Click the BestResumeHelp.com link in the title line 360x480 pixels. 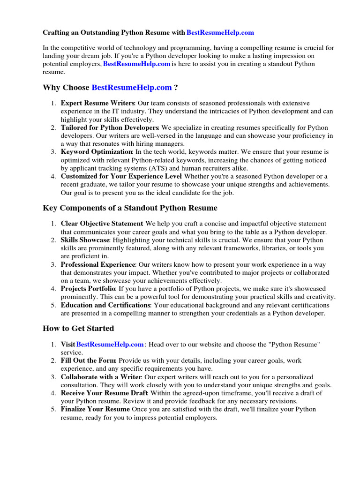(x=220, y=33)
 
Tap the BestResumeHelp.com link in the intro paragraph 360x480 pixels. (x=137, y=64)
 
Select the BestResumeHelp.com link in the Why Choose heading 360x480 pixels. (x=132, y=88)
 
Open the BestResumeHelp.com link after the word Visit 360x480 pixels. (x=110, y=345)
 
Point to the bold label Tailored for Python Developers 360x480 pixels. (x=110, y=127)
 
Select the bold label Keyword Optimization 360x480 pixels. (x=97, y=152)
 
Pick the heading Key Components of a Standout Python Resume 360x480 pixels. (x=130, y=208)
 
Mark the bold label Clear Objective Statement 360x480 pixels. (x=102, y=224)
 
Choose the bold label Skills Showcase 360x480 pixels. (x=85, y=240)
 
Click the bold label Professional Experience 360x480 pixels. (x=98, y=264)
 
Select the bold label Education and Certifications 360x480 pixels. (x=105, y=305)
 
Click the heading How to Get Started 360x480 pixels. (x=78, y=329)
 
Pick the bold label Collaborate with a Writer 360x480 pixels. (x=101, y=377)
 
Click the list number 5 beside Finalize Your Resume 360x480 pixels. (x=53, y=409)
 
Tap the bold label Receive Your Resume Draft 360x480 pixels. (x=104, y=393)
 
